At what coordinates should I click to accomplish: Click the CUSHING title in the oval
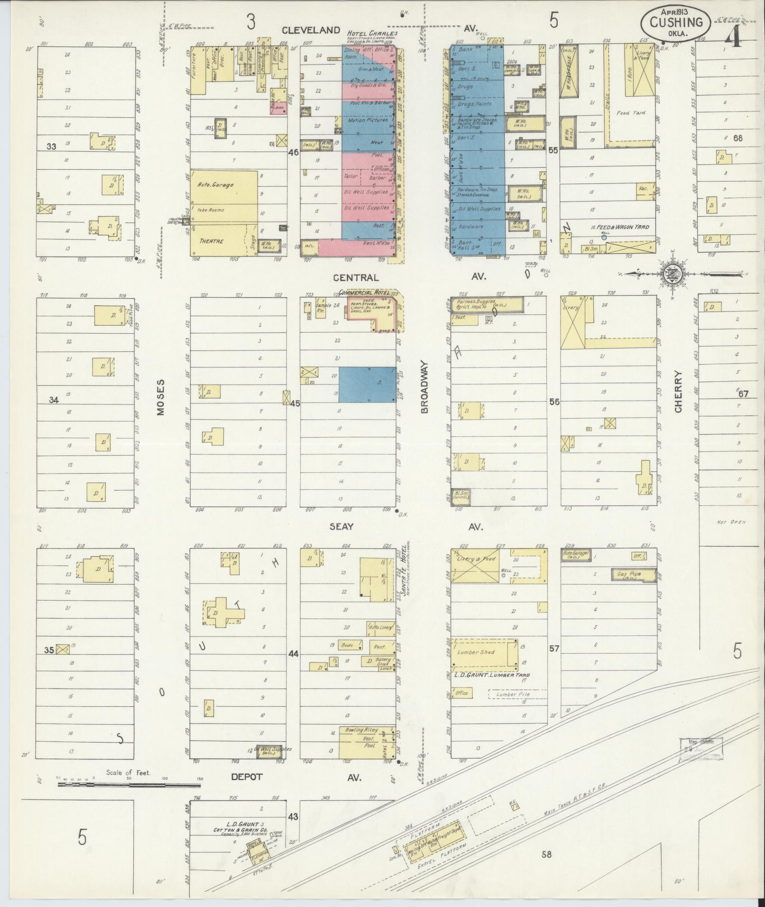(676, 22)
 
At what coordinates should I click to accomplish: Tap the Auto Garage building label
(216, 185)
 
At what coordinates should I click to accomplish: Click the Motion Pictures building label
(368, 120)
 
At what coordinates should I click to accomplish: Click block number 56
(553, 402)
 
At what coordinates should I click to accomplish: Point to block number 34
(54, 400)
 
